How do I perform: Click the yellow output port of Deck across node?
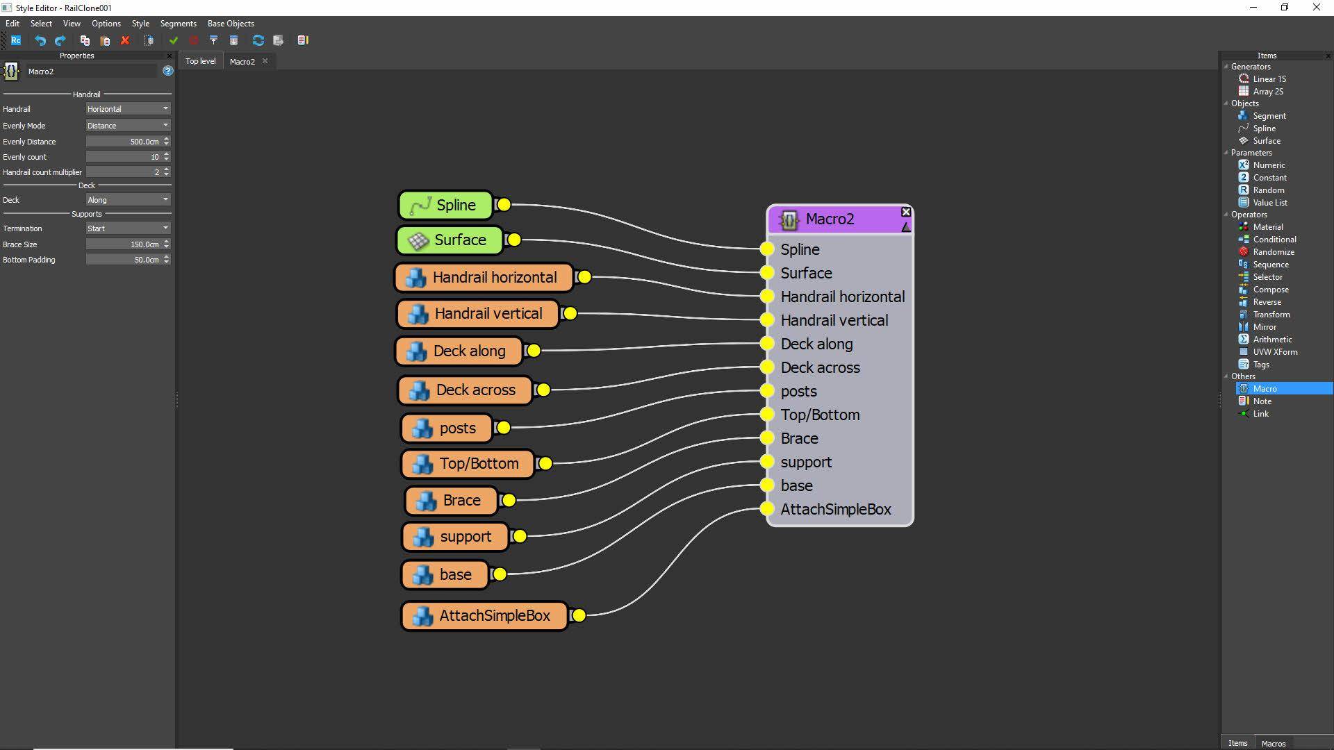point(543,390)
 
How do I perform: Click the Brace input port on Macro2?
point(767,438)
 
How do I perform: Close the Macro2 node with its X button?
point(906,212)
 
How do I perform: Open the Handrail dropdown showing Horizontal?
point(128,109)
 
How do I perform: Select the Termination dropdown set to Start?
point(128,228)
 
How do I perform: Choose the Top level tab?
point(200,61)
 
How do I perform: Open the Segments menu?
point(178,24)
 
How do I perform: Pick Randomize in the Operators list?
point(1273,252)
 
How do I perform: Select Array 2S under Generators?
point(1267,92)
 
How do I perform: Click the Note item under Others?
point(1262,401)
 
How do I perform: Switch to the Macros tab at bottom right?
point(1273,743)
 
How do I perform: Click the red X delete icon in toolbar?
point(125,40)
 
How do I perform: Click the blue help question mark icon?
point(167,71)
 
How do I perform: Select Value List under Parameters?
point(1269,203)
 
